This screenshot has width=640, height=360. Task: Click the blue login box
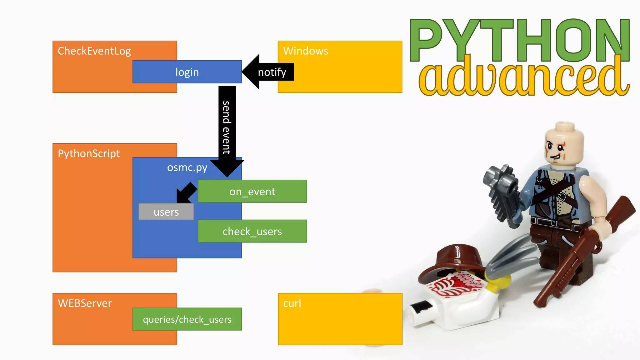[187, 72]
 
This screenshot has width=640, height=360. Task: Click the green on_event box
[252, 191]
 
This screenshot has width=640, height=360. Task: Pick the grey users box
[166, 212]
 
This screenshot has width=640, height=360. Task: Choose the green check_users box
[252, 231]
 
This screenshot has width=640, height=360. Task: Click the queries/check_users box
[187, 319]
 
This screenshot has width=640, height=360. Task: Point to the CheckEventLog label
[94, 51]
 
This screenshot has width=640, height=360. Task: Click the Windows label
[305, 51]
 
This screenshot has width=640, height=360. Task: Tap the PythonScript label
[89, 153]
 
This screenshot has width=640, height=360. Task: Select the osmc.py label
[187, 167]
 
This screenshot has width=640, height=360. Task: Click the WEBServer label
[85, 303]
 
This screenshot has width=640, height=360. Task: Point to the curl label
[292, 303]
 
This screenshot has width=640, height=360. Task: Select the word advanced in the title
[523, 77]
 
